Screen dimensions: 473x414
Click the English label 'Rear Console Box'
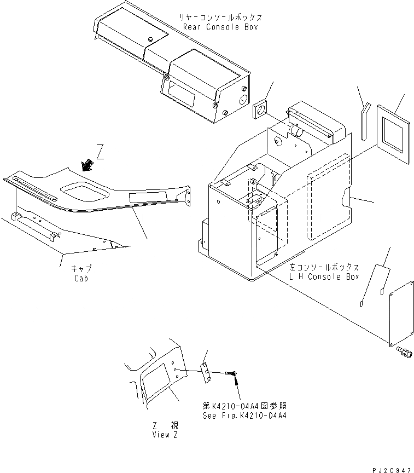(x=220, y=27)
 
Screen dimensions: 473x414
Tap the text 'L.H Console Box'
(x=324, y=276)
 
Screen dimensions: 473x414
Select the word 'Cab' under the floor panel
(x=80, y=278)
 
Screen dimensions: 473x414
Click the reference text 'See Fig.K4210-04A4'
(x=241, y=416)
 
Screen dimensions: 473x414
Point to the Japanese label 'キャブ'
(x=81, y=269)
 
